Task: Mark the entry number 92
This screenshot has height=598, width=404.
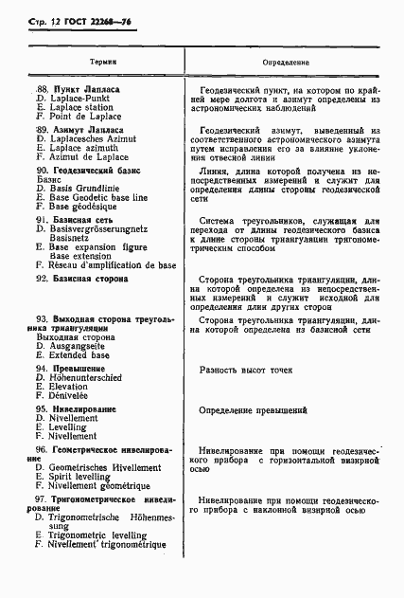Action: (41, 281)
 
